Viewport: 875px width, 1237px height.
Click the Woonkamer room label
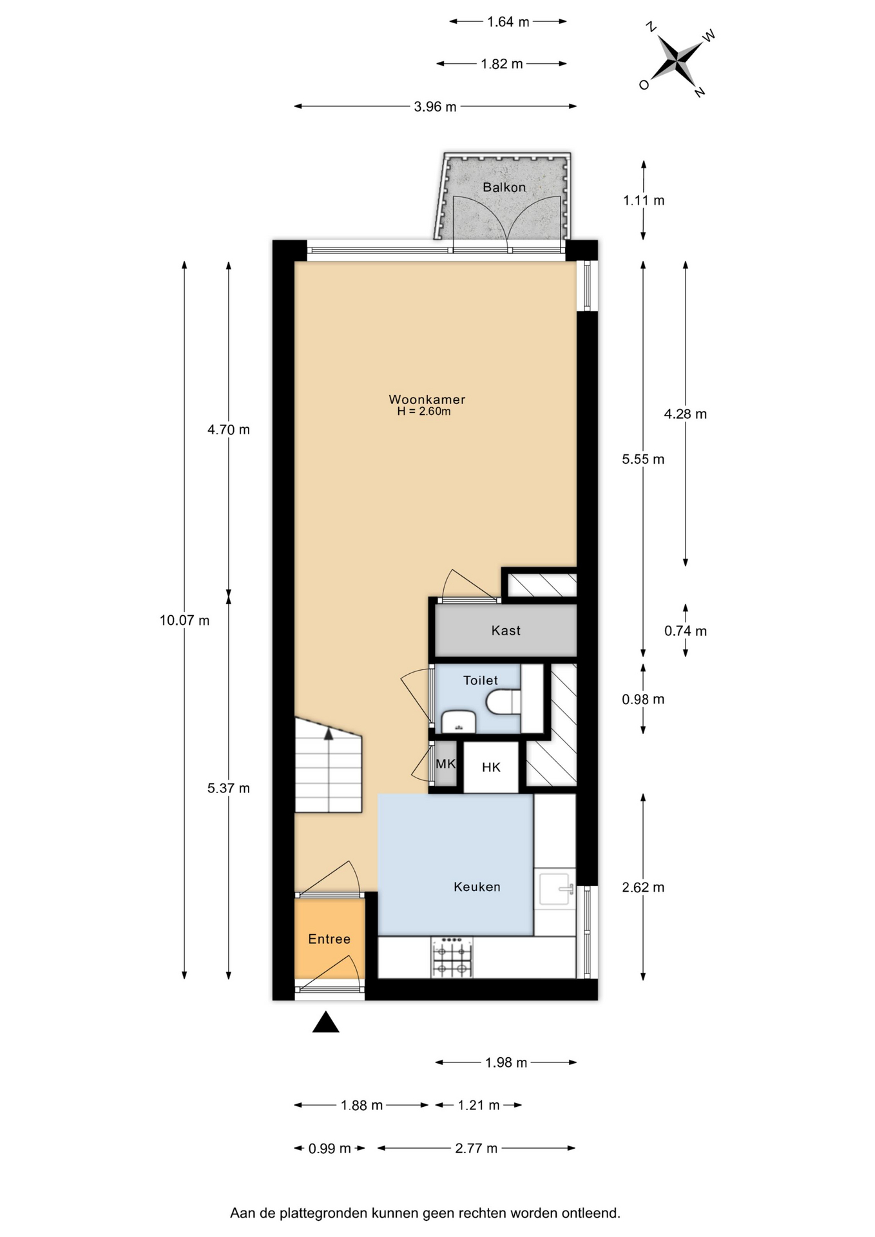tap(427, 399)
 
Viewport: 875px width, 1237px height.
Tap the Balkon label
tap(505, 187)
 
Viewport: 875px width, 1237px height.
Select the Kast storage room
tap(506, 630)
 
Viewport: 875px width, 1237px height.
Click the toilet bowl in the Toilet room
tap(503, 701)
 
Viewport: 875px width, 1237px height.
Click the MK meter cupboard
tap(445, 764)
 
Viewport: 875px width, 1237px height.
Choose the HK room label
tap(491, 767)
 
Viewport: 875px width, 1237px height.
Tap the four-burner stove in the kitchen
tap(452, 957)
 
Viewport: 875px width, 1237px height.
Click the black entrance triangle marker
tap(325, 1022)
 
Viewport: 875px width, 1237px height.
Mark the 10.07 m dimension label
tap(184, 620)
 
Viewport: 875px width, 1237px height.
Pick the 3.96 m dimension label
tap(435, 106)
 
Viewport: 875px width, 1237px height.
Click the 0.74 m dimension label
tap(686, 631)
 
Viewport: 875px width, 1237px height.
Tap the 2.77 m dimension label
tap(476, 1148)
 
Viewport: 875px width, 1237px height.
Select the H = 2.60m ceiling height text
tap(423, 412)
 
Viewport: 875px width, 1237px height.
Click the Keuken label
tap(477, 887)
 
